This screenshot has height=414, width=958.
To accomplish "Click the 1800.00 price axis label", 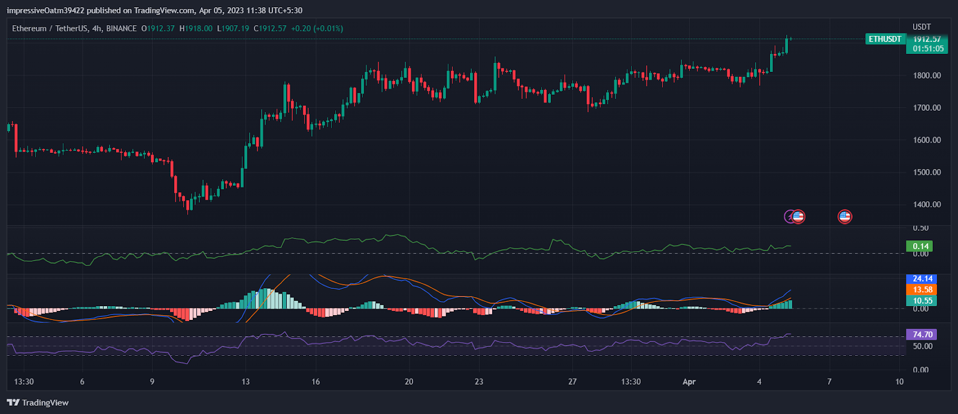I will coord(926,75).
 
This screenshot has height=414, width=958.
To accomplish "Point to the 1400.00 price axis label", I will coord(926,204).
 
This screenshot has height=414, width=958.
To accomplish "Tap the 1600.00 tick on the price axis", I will coord(926,140).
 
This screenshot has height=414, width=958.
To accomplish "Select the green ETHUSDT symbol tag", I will coord(885,39).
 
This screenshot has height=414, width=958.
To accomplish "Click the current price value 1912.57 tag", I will coord(927,39).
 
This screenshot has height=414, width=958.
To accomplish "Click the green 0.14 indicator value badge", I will coord(920,246).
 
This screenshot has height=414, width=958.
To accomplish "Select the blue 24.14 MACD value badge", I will coord(922,279).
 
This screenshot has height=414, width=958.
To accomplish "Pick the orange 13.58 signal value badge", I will coord(922,289).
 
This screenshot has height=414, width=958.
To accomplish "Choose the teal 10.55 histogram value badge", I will coord(922,301).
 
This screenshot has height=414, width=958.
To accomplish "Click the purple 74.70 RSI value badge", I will coord(922,334).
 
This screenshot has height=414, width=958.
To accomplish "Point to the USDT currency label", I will coord(921,27).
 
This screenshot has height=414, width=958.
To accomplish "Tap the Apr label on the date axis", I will coord(689,382).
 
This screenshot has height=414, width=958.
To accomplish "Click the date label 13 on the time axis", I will coord(245,382).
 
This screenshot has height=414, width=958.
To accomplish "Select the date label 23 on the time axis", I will coord(479,382).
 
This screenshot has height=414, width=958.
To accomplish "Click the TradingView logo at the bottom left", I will coord(38,403).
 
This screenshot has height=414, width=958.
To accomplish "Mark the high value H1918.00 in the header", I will coord(196,28).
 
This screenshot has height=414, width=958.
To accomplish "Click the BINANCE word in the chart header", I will coord(122,28).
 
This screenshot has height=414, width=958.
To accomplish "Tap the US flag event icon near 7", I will coord(844,217).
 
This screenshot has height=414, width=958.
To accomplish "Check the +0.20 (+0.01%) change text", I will coord(317,28).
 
